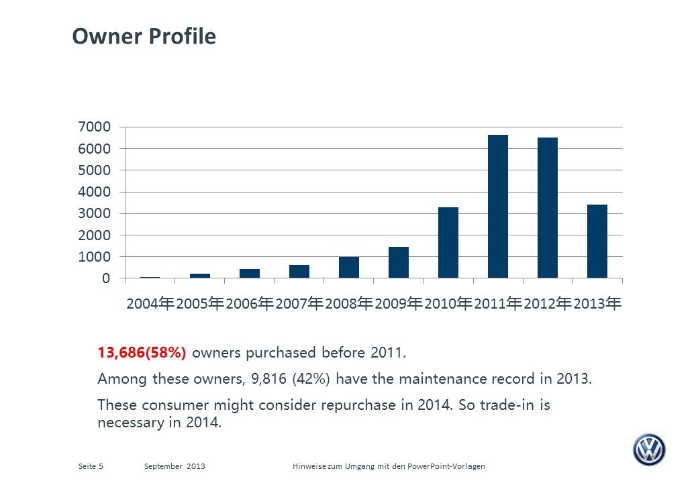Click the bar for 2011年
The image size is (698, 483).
[x=498, y=207]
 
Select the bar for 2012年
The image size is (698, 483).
[x=548, y=208]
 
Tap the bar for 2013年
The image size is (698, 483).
[x=597, y=241]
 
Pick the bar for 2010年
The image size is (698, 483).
[x=448, y=243]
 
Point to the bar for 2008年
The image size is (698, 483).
[x=349, y=267]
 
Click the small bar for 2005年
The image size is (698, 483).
[x=200, y=276]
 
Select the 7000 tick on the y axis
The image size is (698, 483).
[x=95, y=127]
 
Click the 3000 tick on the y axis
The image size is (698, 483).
[x=95, y=213]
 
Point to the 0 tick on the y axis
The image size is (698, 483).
[x=106, y=278]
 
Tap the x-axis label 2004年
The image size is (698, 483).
[x=150, y=303]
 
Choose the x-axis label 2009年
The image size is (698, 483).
[x=399, y=303]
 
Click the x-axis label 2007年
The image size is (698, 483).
[x=299, y=303]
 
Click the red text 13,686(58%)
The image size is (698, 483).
[x=142, y=353]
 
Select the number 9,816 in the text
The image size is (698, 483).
[x=269, y=378]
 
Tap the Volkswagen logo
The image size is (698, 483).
[x=649, y=449]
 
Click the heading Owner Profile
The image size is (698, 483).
[x=144, y=36]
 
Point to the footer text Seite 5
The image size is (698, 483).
[x=91, y=466]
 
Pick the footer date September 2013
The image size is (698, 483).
[x=174, y=466]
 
